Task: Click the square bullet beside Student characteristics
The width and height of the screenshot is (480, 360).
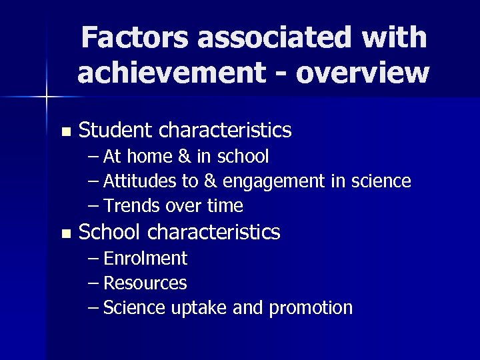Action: click(x=64, y=131)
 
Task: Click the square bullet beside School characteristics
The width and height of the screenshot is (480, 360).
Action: click(x=64, y=233)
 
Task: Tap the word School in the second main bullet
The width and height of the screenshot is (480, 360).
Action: click(x=107, y=232)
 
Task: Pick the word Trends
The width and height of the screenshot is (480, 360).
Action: click(x=127, y=205)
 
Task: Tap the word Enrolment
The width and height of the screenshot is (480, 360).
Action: click(x=145, y=259)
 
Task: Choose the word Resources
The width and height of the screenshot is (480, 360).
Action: click(x=145, y=283)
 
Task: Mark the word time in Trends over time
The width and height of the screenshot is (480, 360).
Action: click(x=225, y=205)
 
